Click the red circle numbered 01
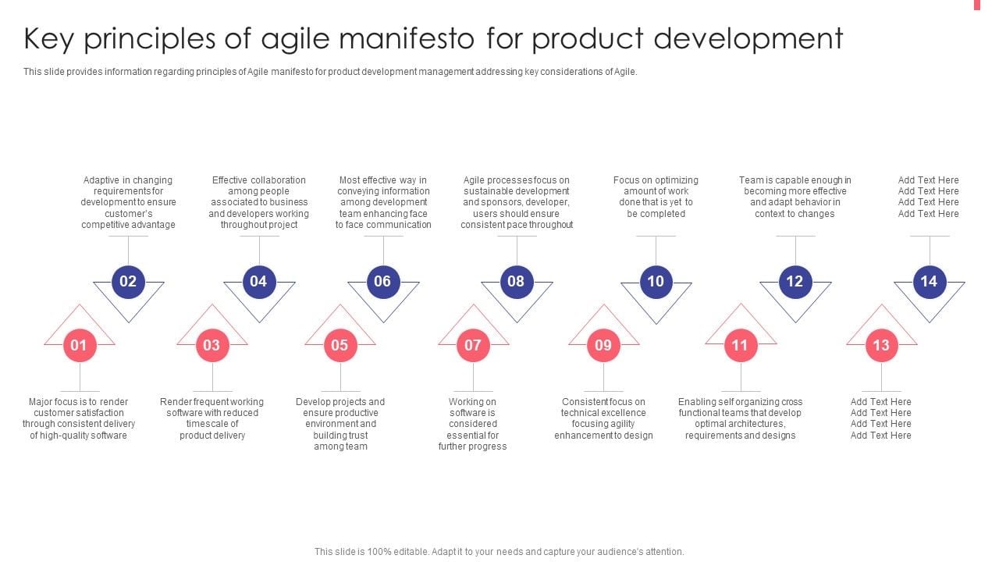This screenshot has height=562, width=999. coord(80,345)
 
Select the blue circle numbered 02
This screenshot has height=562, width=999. coord(128,282)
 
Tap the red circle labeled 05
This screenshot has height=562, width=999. coord(340,345)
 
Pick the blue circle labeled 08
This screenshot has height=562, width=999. coord(516,282)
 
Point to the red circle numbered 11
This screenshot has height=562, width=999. coord(740,345)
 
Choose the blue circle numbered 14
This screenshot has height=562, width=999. coord(929,282)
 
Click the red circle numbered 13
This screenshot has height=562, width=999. coord(881,345)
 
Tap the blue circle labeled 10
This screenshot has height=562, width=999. coord(656,282)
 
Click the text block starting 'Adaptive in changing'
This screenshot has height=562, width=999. coord(128,202)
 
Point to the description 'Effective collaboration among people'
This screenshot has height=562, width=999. coord(258,202)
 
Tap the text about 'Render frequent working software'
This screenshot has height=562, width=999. coord(212,418)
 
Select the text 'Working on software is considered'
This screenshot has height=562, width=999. coord(472,424)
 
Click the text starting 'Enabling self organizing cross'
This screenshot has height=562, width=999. coord(740,418)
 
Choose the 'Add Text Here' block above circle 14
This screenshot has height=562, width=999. coord(928,197)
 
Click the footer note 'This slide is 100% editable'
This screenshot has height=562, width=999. coord(499,551)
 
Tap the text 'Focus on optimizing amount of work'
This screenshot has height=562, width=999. coord(656,197)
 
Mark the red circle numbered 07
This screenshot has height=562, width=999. coord(473,345)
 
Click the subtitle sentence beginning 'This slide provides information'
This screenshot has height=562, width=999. coord(330,72)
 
